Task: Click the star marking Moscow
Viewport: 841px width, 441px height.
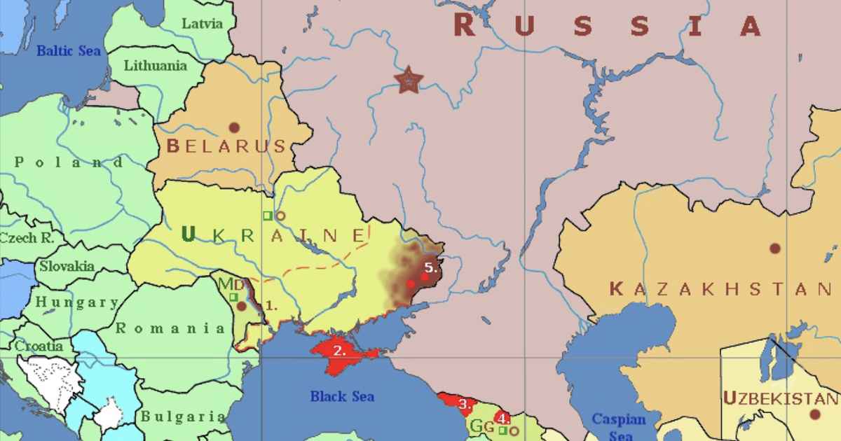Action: [x=406, y=80]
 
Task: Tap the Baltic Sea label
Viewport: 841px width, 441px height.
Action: [x=69, y=50]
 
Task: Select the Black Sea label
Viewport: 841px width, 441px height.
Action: [x=342, y=396]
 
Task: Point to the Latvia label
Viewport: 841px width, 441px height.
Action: [x=202, y=23]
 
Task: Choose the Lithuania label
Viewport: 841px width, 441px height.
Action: [x=156, y=66]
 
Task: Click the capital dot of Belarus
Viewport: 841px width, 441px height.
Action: [x=234, y=127]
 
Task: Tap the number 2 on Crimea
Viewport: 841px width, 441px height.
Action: [x=339, y=351]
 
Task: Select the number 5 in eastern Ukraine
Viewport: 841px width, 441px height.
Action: [x=431, y=267]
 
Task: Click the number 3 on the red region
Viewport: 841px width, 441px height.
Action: [x=464, y=403]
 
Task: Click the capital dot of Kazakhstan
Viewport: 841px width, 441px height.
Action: [x=774, y=248]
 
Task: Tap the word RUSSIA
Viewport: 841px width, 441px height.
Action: [x=607, y=26]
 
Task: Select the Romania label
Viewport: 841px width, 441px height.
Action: [x=171, y=328]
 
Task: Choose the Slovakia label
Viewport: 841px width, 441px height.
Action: [x=67, y=266]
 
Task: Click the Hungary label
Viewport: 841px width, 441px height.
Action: [x=77, y=302]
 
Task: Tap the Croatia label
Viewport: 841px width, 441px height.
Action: [x=39, y=346]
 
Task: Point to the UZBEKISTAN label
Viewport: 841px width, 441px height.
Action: [x=779, y=398]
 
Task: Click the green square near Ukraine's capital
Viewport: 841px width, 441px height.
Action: [x=267, y=216]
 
